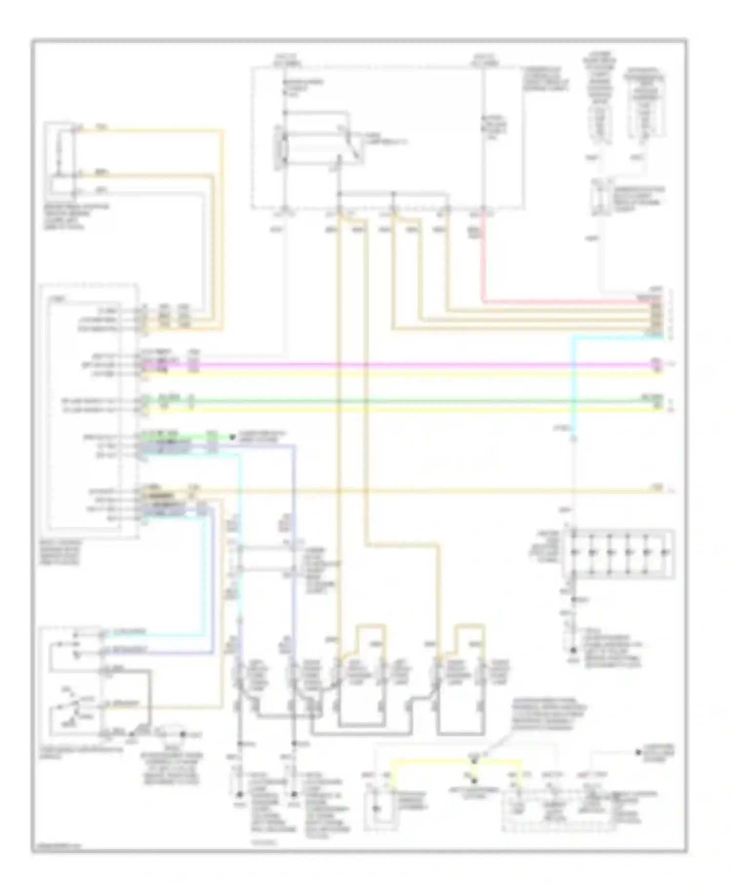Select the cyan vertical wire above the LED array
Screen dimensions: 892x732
pyautogui.click(x=574, y=381)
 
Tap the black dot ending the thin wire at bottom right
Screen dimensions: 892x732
pyautogui.click(x=638, y=752)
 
